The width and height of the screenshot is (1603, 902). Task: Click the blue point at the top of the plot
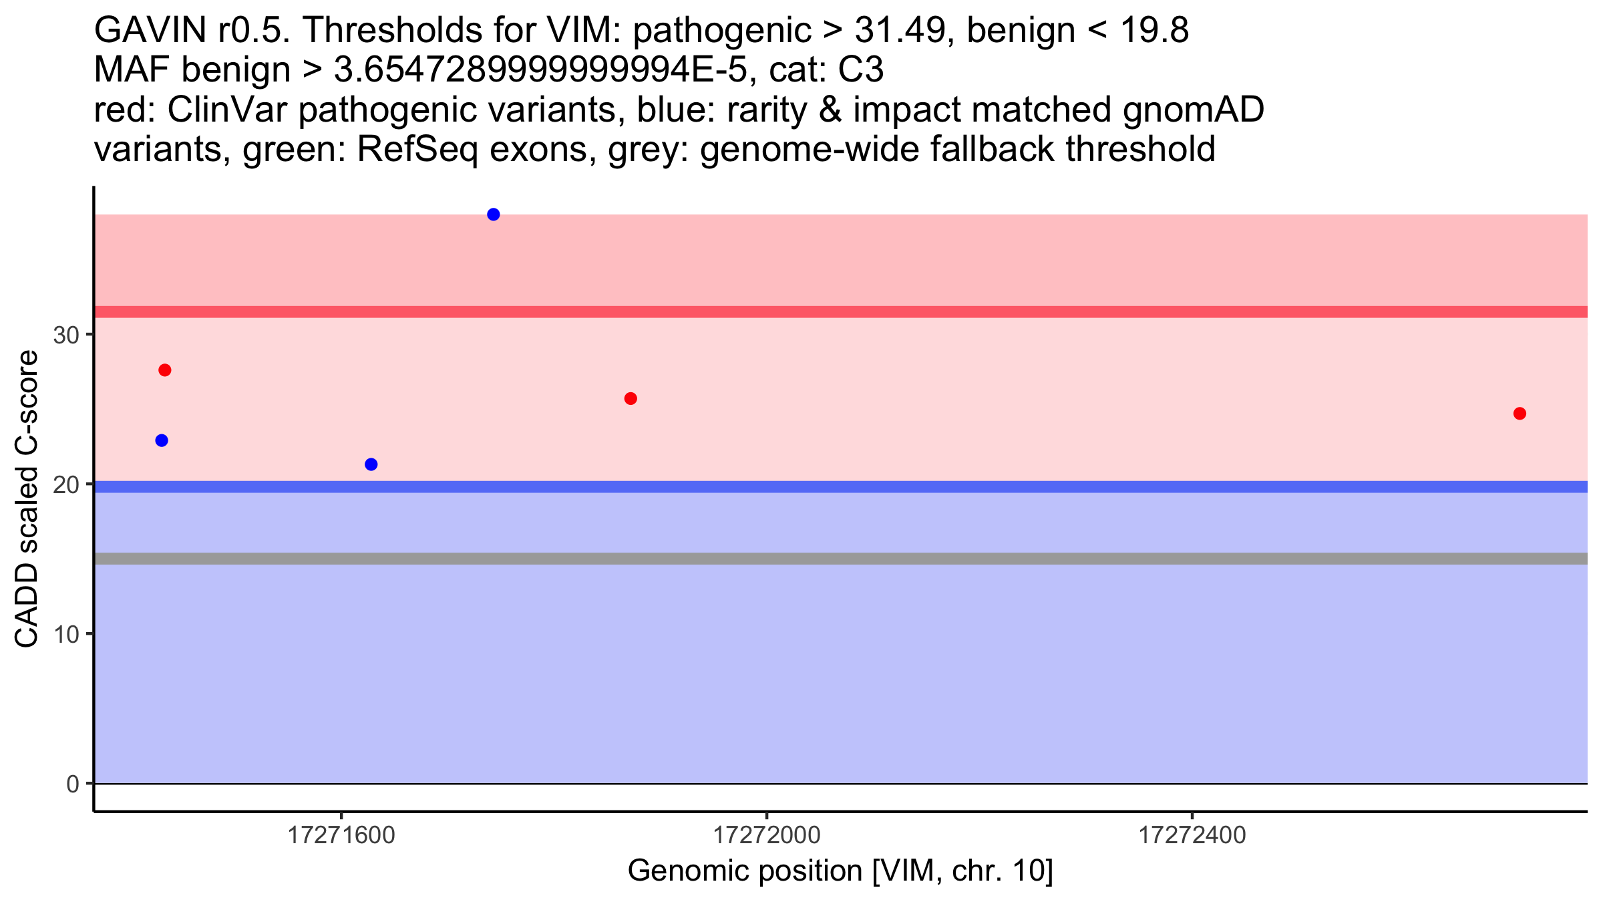[494, 214]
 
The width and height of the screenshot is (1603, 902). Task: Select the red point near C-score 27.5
[165, 370]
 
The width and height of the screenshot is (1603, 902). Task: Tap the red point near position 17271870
[631, 399]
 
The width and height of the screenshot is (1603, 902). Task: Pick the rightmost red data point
[1520, 414]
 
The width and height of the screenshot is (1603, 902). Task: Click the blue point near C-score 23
[162, 440]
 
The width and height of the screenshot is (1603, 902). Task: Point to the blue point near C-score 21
[371, 464]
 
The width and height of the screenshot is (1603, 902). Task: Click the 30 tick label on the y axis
[66, 335]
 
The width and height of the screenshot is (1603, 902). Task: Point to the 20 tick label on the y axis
[66, 485]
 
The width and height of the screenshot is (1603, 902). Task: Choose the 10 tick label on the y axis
[66, 634]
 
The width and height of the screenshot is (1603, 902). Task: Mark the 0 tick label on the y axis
[73, 784]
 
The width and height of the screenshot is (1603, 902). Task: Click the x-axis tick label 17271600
[341, 836]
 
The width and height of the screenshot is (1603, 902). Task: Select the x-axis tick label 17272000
[767, 836]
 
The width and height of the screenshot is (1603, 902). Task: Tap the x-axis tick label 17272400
[1192, 836]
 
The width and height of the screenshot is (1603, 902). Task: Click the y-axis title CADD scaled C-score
[27, 499]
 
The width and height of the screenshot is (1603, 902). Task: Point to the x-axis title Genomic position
[840, 871]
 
